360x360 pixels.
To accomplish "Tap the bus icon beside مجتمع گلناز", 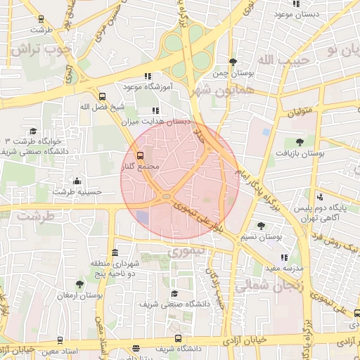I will pos(139,155).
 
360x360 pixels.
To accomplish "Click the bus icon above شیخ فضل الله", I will pos(103,96).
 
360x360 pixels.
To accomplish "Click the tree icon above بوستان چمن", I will pos(233,62).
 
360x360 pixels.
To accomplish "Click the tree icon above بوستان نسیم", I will pos(261,226).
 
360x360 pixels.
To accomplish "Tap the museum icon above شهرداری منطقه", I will pos(115,252).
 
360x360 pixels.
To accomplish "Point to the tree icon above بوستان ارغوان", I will pos(79,285).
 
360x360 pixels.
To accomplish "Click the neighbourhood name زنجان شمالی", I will pos(263,287).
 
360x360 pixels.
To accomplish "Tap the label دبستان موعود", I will pos(314,14).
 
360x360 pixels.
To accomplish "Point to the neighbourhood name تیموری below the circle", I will pos(186,250).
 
